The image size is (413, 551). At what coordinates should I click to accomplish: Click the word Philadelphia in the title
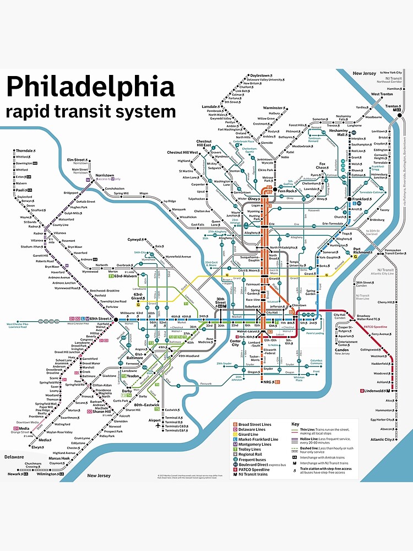pos(90,87)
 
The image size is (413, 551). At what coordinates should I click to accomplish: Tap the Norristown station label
pos(106,175)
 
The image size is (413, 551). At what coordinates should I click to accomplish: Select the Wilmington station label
pos(47,473)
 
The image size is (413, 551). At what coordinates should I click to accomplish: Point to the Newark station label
pos(13,473)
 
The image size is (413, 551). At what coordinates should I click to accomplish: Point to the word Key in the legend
pos(295,424)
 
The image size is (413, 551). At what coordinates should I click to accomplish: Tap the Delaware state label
pos(14,457)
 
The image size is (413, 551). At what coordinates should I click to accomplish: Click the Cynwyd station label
pos(134,240)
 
